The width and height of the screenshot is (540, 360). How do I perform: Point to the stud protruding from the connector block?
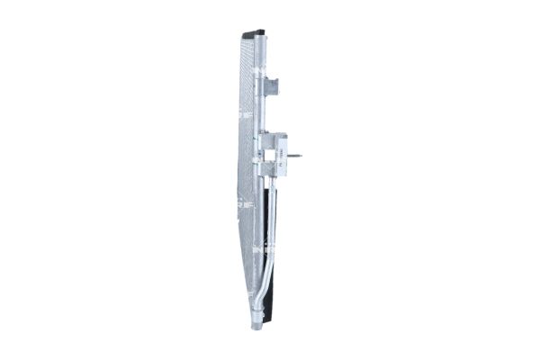[x=293, y=156]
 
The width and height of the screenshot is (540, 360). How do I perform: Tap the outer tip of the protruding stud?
[x=300, y=156]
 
